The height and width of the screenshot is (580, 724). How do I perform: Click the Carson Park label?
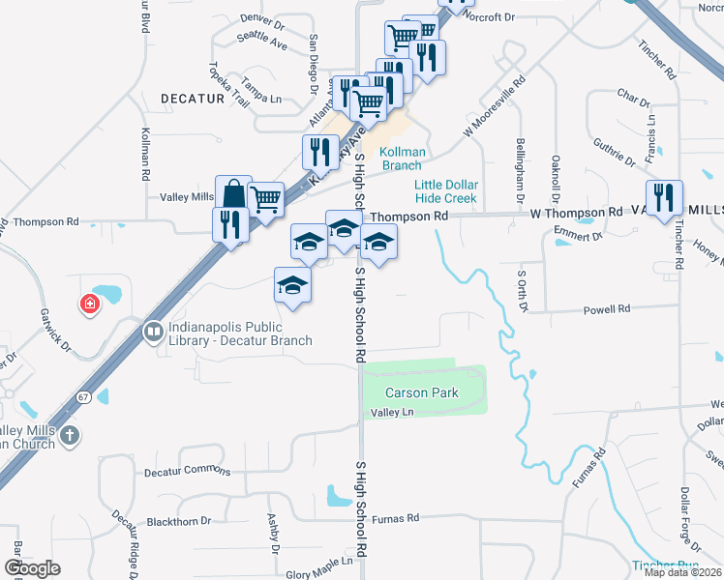421,393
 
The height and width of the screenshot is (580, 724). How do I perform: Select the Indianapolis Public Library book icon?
153,333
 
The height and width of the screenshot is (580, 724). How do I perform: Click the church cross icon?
68,436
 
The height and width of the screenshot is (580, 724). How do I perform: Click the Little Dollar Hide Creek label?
446,190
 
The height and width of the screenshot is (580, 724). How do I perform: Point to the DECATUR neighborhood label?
193,99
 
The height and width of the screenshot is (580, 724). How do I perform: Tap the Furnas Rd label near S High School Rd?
394,518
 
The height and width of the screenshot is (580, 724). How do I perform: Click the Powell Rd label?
606,309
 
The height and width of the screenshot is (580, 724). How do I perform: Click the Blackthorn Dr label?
179,522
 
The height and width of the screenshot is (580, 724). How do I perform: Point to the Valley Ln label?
393,413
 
